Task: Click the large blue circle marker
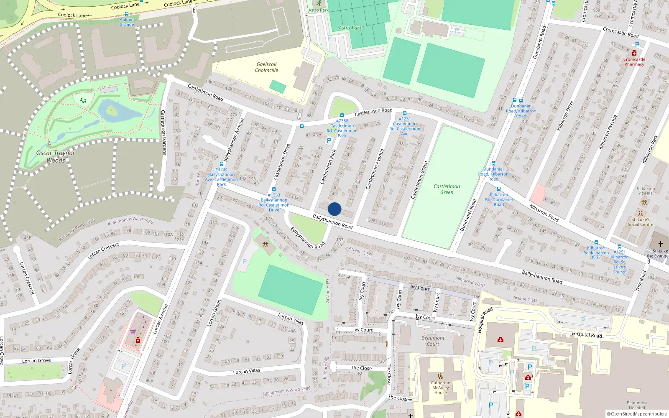point(334,209)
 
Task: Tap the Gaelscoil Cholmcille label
point(267,67)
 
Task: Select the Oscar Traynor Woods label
point(56,156)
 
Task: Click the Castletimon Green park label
point(447,189)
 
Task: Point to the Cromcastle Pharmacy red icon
point(634,53)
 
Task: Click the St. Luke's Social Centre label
point(640,222)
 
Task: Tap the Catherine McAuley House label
point(441,387)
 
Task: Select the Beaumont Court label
point(433,341)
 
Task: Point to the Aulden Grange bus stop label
point(127,22)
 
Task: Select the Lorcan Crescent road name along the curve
point(104,251)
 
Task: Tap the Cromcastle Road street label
point(620,32)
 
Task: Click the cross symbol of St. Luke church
point(661,244)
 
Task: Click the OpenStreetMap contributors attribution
point(636,414)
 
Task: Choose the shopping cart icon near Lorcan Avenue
point(133,332)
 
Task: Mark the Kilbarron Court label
point(646,191)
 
